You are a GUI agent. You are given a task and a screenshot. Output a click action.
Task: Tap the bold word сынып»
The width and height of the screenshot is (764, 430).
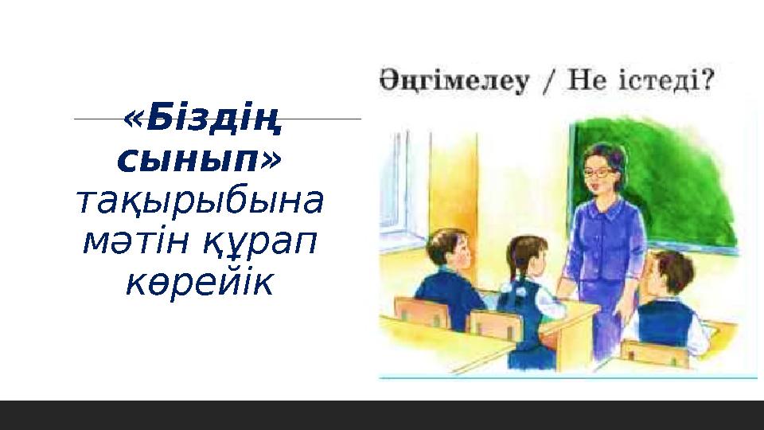(199, 161)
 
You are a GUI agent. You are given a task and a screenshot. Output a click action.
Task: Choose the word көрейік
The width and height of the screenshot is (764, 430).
(199, 282)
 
